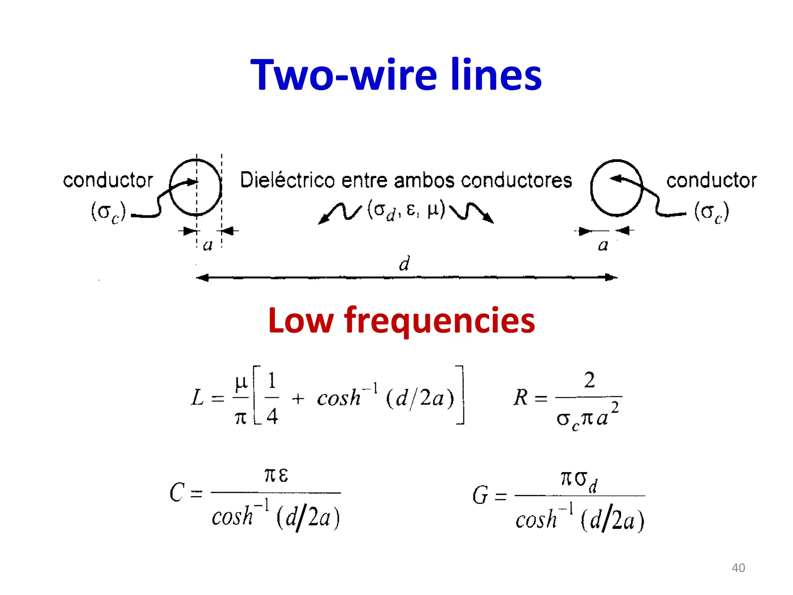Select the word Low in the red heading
(301, 321)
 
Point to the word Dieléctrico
(287, 180)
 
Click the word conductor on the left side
(108, 181)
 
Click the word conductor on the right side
(711, 181)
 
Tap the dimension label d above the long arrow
(404, 264)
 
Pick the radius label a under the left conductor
(208, 245)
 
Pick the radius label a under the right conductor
(603, 245)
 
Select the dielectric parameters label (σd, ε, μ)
(406, 210)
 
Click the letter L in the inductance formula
(197, 397)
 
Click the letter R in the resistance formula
(521, 397)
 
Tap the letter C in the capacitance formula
(177, 493)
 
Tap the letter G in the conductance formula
(480, 495)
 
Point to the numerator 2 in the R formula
(589, 380)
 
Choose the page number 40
(738, 568)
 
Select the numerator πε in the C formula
(276, 475)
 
